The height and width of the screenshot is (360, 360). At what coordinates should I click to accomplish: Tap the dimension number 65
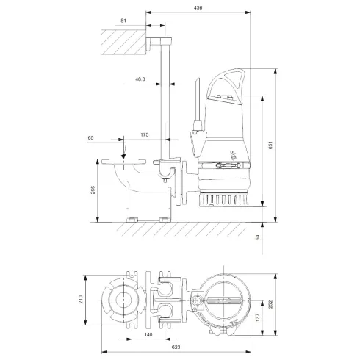pyautogui.click(x=90, y=138)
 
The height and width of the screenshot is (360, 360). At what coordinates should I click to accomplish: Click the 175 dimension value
pyautogui.click(x=143, y=135)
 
